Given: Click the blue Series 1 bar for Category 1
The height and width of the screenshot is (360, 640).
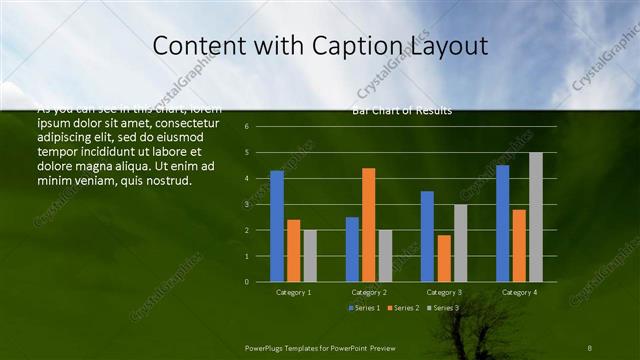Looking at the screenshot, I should [x=277, y=226].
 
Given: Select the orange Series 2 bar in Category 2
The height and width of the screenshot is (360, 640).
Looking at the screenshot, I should [x=368, y=225].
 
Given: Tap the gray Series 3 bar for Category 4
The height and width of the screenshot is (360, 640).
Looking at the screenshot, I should [x=535, y=217].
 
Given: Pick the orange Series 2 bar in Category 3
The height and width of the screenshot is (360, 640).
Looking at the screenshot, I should [x=444, y=258].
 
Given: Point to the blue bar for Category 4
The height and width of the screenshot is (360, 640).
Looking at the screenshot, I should [x=502, y=223].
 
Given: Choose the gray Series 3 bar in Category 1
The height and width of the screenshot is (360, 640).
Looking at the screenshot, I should [x=310, y=256].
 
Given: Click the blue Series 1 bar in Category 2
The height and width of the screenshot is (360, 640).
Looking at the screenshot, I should [x=352, y=249].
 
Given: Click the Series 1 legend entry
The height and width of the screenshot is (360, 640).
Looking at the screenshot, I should [x=365, y=308].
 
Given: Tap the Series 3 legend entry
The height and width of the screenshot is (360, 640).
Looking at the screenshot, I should [x=443, y=308].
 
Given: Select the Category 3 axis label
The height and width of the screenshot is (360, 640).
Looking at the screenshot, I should [x=444, y=292].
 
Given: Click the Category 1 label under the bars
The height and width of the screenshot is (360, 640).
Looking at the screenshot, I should [x=293, y=292].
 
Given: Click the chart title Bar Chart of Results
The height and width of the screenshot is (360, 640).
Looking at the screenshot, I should [x=402, y=111].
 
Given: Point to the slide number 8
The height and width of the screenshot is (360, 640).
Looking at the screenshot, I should [x=590, y=346].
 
